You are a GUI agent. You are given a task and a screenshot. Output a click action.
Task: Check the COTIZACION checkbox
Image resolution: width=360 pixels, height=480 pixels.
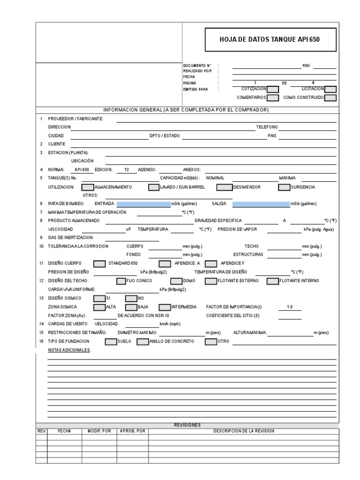[273, 89]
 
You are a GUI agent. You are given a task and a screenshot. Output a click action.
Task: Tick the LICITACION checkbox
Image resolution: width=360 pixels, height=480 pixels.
[330, 89]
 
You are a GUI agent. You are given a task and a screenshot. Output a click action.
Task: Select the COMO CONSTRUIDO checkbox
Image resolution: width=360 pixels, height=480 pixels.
[330, 98]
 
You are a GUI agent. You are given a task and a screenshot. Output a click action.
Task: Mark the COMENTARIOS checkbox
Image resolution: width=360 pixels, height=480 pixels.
[273, 98]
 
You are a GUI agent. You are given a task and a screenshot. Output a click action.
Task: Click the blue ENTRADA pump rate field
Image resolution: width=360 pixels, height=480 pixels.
[143, 204]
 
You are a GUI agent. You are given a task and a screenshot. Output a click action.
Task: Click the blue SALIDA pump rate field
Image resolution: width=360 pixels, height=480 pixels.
[261, 204]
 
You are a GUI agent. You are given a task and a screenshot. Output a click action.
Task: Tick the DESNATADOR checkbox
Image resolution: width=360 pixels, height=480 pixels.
[225, 187]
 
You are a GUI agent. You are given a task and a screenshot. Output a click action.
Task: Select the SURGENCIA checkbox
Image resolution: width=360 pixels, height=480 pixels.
[284, 187]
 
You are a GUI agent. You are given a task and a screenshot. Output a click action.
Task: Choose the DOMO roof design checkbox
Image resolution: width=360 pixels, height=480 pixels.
[176, 281]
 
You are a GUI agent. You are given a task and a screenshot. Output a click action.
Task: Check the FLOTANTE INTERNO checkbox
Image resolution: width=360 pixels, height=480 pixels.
[273, 281]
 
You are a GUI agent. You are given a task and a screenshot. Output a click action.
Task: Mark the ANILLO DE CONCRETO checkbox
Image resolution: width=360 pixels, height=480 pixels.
[142, 341]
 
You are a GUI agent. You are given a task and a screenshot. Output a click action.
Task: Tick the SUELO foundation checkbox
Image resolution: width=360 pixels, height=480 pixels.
[111, 341]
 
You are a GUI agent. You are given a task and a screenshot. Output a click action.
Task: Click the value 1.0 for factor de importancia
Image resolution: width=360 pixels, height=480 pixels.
[289, 307]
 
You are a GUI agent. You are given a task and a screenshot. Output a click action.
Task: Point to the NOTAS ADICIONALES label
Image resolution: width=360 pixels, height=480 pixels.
[69, 350]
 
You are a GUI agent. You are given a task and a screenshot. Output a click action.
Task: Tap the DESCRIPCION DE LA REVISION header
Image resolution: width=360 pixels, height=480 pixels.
[244, 431]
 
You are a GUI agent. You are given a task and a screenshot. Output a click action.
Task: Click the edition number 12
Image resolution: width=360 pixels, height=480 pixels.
[127, 170]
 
